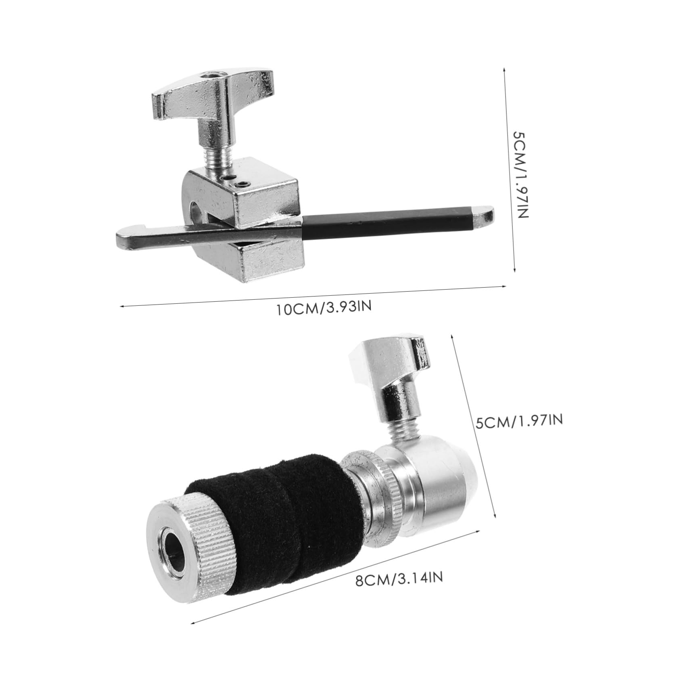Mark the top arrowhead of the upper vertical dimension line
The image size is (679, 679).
[504, 69]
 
